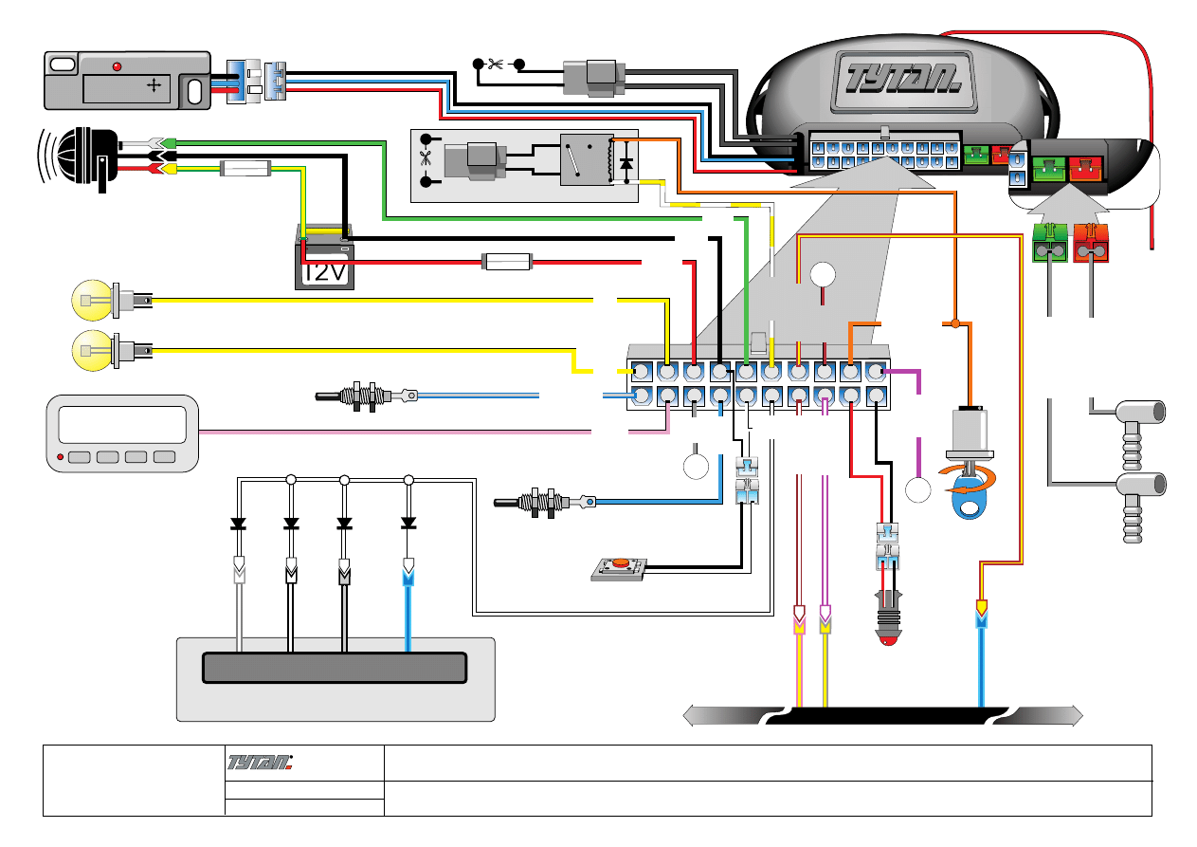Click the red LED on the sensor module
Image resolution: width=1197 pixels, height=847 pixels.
pos(118,67)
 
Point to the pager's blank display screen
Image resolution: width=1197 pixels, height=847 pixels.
pos(122,424)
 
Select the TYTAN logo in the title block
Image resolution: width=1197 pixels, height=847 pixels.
pos(262,761)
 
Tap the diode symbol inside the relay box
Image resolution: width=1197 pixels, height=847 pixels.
pos(625,165)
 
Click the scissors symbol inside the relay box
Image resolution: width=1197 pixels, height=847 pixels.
pos(425,159)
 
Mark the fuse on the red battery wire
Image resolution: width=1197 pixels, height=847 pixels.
pos(507,260)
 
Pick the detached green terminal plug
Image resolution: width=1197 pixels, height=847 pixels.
pos(1049,243)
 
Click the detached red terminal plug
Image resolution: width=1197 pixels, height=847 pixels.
pos(1091,243)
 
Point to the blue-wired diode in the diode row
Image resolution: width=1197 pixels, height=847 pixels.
pos(408,523)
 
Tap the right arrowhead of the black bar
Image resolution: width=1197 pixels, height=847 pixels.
pos(1075,715)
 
